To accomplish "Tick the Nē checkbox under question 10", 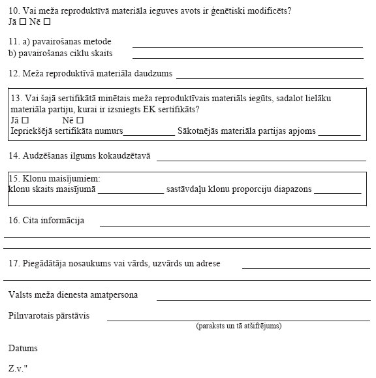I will click(47, 22).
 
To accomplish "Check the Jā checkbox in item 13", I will click(25, 120).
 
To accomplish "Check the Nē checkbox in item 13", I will click(80, 120).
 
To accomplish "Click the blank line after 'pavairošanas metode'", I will click(247, 46).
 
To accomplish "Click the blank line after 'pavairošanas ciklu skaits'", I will click(247, 57).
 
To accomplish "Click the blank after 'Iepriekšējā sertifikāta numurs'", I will click(149, 133).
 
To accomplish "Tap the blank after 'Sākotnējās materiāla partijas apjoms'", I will click(339, 133).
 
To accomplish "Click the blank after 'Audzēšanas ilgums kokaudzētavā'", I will click(261, 159).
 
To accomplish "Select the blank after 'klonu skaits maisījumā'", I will click(131, 193).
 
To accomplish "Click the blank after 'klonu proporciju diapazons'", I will click(337, 193).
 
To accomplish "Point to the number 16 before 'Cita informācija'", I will click(14, 221).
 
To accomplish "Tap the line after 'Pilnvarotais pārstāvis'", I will click(238, 320).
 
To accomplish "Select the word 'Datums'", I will click(23, 349).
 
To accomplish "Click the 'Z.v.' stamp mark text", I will click(18, 369).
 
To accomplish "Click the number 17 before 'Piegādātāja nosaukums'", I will click(14, 264).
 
